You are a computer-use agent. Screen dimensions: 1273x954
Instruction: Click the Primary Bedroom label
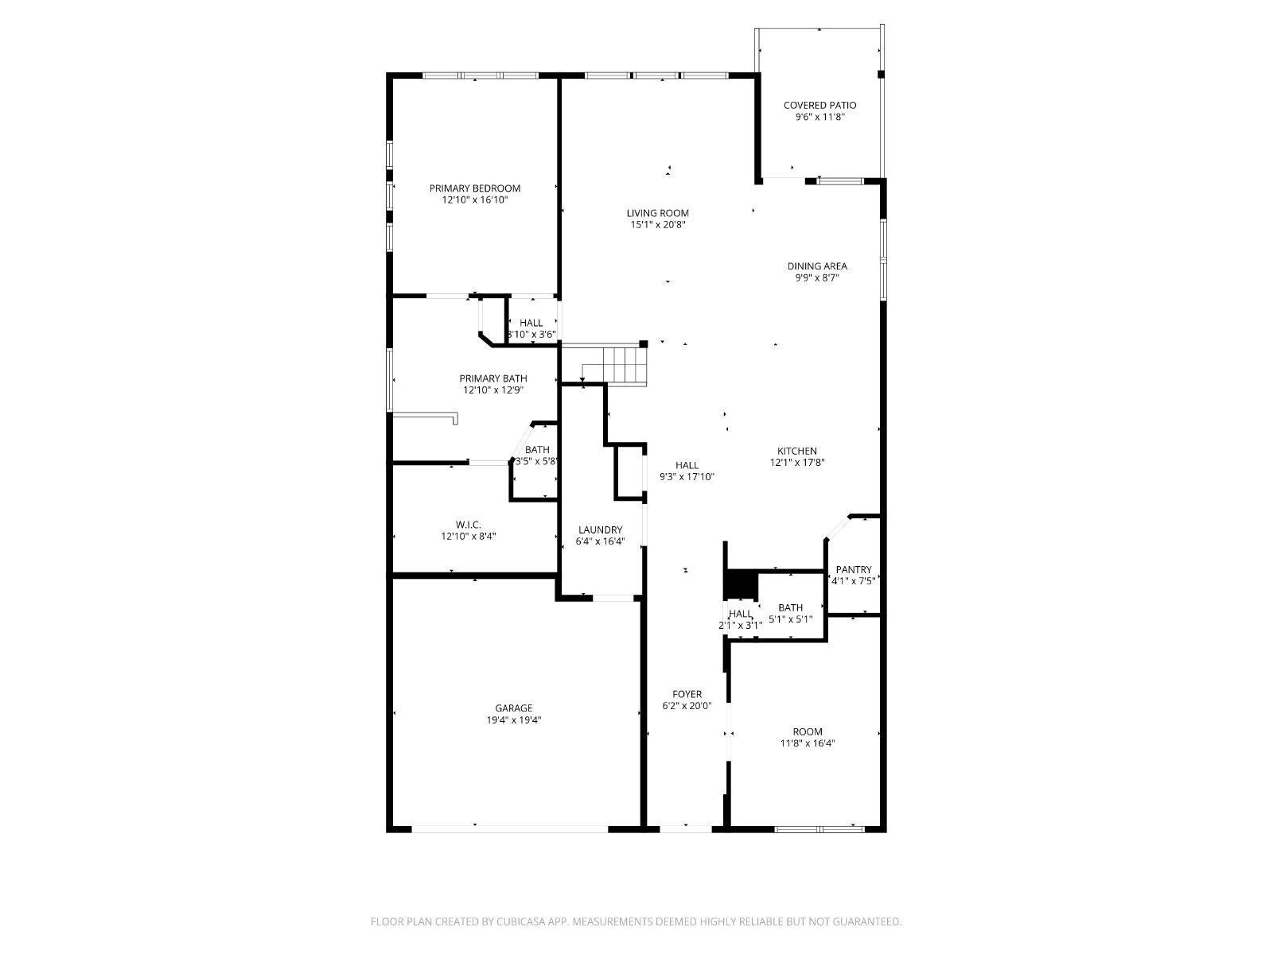coord(474,188)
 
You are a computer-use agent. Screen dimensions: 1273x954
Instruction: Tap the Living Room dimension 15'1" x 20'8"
coord(658,225)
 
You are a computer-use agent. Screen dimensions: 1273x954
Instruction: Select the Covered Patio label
coord(819,106)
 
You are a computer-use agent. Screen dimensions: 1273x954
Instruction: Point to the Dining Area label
coord(816,266)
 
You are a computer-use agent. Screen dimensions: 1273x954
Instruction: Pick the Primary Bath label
coord(493,379)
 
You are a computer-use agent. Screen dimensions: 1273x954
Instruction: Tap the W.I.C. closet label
coord(468,525)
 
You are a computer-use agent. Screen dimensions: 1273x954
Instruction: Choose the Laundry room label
coord(600,530)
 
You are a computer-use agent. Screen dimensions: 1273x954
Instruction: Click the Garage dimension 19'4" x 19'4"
coord(514,720)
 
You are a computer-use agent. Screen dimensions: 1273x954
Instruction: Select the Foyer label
coord(687,695)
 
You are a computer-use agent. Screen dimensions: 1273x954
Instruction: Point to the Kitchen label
coord(797,452)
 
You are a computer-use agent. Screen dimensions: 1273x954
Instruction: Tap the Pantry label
coord(854,570)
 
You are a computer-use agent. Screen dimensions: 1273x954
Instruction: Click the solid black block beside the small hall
coord(742,585)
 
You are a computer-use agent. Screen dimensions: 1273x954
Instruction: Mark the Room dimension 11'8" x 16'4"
coord(808,744)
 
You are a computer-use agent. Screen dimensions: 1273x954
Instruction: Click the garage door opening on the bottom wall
coord(510,829)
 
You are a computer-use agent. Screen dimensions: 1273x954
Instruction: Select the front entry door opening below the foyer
coord(686,829)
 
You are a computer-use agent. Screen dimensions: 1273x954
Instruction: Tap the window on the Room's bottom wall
coord(819,829)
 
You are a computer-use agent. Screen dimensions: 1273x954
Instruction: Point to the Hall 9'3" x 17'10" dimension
coord(687,477)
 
